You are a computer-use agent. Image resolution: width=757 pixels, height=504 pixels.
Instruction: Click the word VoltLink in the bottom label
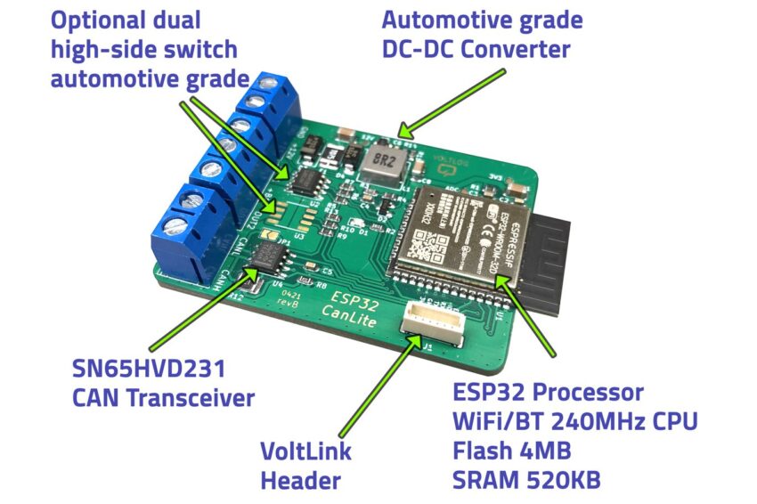click(x=305, y=451)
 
